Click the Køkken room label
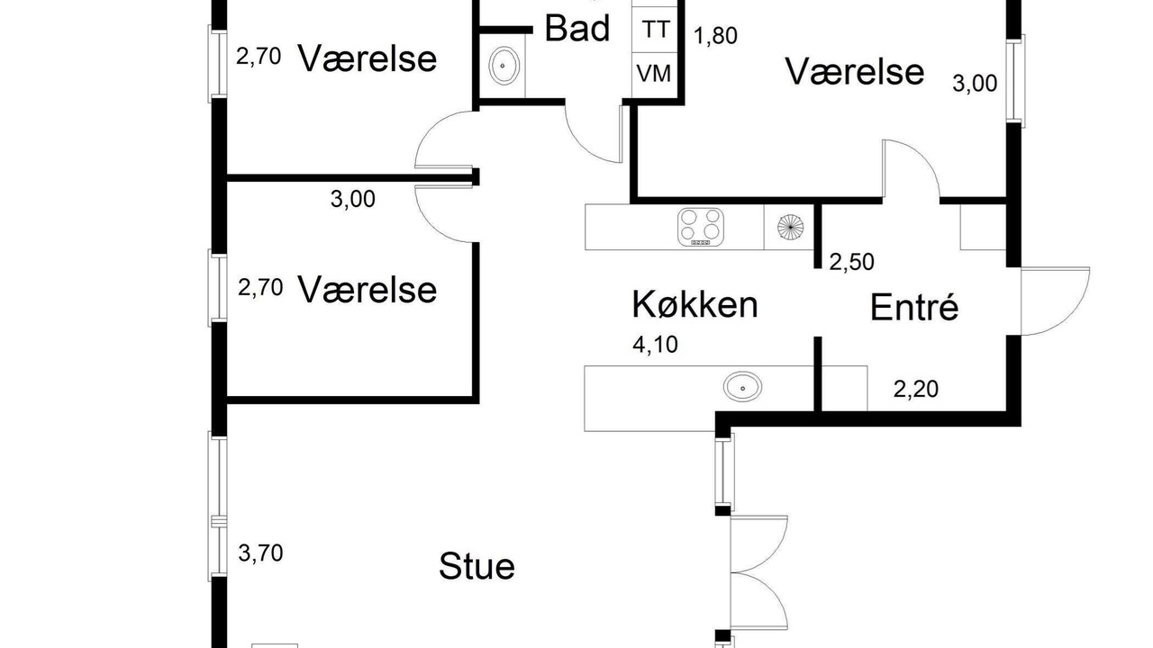[695, 304]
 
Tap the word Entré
[914, 307]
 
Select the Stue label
[477, 566]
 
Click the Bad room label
[577, 28]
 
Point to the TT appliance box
[655, 30]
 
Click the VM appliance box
[654, 74]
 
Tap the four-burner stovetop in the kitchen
[701, 227]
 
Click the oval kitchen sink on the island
[742, 387]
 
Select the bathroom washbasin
[503, 66]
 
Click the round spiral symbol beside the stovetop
[790, 227]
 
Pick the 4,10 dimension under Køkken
[655, 345]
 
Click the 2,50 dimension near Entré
[851, 262]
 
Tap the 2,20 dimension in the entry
[916, 390]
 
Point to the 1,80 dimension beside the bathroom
[715, 35]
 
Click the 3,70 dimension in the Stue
[260, 553]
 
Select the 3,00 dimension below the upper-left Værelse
[352, 199]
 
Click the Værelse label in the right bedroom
[855, 71]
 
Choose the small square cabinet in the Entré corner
[983, 228]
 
